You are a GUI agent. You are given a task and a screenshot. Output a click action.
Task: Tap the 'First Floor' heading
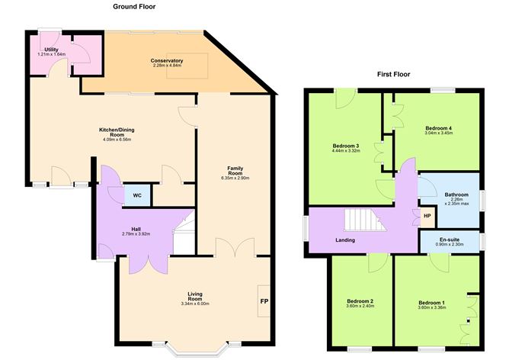tap(393, 75)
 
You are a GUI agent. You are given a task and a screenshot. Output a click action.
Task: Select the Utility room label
tap(51, 50)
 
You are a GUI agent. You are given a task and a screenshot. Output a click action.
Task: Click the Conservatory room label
tap(167, 61)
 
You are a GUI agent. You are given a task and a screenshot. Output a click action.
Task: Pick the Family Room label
tap(235, 170)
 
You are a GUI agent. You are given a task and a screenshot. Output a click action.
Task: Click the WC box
tap(137, 195)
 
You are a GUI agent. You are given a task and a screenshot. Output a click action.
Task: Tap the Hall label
tap(136, 229)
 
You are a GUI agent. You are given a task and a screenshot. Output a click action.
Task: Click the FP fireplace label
tap(264, 300)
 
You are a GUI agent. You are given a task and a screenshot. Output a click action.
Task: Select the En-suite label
tap(449, 239)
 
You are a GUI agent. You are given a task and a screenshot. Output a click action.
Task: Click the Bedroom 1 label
tap(431, 301)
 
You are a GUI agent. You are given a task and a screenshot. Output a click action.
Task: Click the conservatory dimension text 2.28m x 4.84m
tap(167, 66)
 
